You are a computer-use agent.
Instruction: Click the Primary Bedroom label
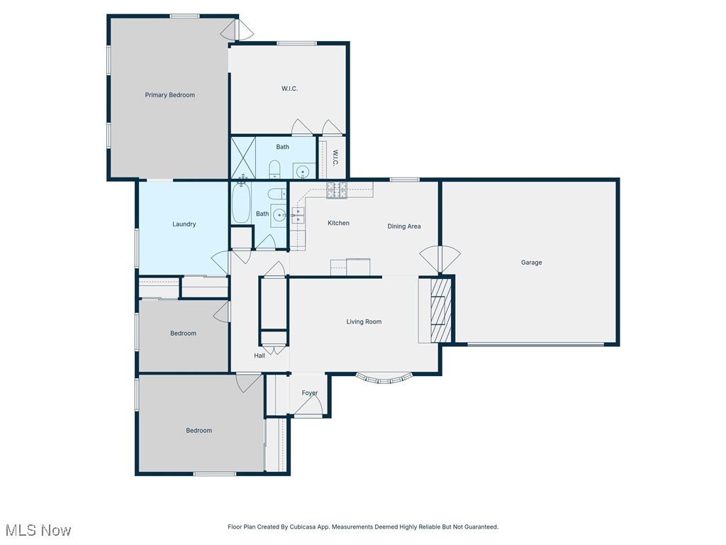pos(169,95)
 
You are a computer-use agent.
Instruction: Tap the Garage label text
pos(531,263)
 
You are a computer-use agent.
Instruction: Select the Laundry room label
pos(184,224)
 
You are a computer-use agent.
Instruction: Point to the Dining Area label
pos(404,226)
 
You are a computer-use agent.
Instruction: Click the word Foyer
pos(310,393)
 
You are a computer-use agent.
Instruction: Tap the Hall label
pos(259,356)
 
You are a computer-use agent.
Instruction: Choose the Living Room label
pos(364,322)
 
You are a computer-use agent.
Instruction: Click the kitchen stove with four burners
pos(337,189)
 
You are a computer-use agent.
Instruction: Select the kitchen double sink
pos(298,215)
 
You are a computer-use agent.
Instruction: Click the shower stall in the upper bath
pos(242,158)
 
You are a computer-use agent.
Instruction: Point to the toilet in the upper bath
pos(275,169)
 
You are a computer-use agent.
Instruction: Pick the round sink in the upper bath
pos(303,171)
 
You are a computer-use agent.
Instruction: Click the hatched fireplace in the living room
pos(440,310)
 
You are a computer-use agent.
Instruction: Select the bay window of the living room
pos(383,378)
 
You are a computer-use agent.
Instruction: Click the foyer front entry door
pos(309,406)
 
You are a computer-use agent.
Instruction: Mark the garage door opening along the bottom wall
pos(535,345)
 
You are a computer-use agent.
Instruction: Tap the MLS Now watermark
pos(38,530)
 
